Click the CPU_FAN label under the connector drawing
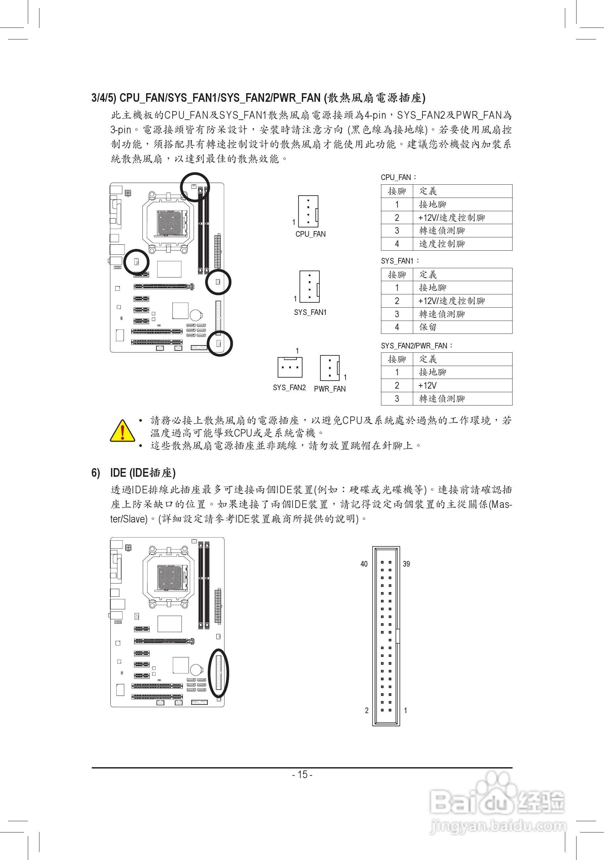click(310, 234)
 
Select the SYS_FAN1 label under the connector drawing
click(310, 312)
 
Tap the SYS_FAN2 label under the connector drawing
click(289, 388)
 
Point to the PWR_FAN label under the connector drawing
click(330, 389)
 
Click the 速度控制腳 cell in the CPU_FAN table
click(442, 244)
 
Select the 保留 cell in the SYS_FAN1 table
click(428, 327)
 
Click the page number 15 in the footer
click(302, 774)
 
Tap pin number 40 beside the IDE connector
click(364, 564)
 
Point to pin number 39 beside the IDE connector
click(407, 564)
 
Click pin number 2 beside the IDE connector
click(366, 710)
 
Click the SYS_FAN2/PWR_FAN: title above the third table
click(416, 345)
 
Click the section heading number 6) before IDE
click(96, 473)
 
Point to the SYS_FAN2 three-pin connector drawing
click(290, 367)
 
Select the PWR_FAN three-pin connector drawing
click(330, 368)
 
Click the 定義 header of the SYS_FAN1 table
click(428, 275)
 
